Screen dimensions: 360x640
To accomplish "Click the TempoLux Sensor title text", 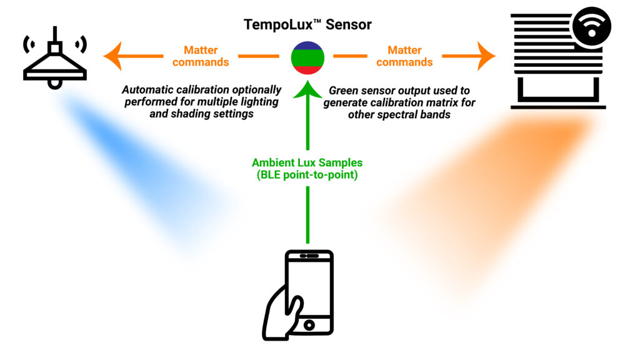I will pyautogui.click(x=307, y=25).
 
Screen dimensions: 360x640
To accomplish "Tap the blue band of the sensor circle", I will pyautogui.click(x=307, y=47).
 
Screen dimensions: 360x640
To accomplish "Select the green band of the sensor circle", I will pyautogui.click(x=307, y=58).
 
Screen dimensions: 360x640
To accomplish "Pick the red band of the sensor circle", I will pyautogui.click(x=307, y=69).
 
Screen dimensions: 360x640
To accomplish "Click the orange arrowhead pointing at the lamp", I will pyautogui.click(x=112, y=56).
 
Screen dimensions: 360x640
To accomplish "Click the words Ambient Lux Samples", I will pyautogui.click(x=307, y=162).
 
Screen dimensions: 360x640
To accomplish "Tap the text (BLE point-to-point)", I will pyautogui.click(x=307, y=175).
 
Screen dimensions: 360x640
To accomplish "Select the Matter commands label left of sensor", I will pyautogui.click(x=201, y=56).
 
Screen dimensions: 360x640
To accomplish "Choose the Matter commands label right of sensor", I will pyautogui.click(x=404, y=56).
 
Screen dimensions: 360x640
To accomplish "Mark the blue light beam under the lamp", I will pyautogui.click(x=144, y=169).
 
